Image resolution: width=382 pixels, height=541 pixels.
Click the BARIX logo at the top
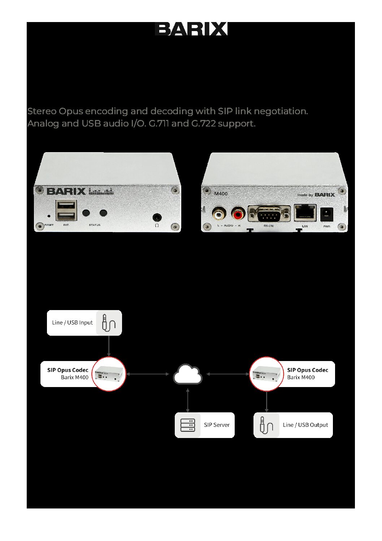(x=191, y=29)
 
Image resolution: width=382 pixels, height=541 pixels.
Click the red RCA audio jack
(x=238, y=215)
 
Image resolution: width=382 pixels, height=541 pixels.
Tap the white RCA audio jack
(x=218, y=215)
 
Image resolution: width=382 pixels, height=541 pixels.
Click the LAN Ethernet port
(x=305, y=213)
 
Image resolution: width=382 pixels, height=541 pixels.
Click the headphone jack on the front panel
(x=157, y=217)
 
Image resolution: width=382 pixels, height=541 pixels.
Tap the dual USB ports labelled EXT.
(x=66, y=210)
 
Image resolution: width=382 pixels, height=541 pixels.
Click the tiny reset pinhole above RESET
(x=49, y=216)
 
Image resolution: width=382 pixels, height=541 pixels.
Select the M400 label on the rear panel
(x=221, y=194)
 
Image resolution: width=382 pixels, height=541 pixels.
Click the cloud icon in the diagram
(x=187, y=374)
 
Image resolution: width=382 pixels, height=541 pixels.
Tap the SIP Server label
(x=217, y=425)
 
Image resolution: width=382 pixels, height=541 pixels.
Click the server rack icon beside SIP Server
(x=187, y=425)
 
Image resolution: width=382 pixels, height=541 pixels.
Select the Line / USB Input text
(x=72, y=323)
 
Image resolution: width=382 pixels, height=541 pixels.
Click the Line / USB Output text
(x=305, y=425)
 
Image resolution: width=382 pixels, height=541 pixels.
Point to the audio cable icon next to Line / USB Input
(x=109, y=323)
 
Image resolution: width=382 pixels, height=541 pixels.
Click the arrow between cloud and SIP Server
(x=187, y=400)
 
